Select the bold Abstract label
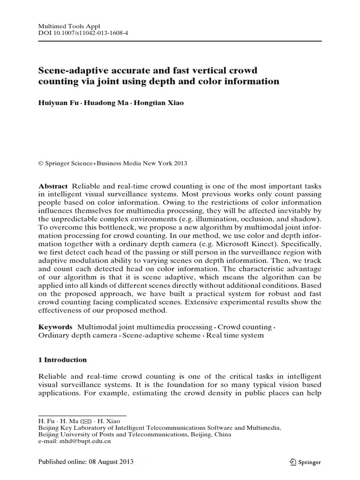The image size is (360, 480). pyautogui.click(x=52, y=186)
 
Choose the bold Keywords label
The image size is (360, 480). pyautogui.click(x=55, y=327)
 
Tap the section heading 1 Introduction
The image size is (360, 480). pyautogui.click(x=62, y=360)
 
